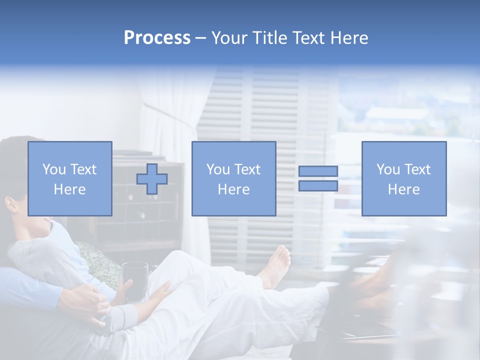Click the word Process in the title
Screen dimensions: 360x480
[x=157, y=38]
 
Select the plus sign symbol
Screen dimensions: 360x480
[x=152, y=179]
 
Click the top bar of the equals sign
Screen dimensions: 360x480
[x=318, y=171]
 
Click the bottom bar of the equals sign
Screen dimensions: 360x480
[x=318, y=186]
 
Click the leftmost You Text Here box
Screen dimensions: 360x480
[x=69, y=178]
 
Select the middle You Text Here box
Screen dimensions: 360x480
[x=233, y=178]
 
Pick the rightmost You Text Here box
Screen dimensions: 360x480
[x=403, y=178]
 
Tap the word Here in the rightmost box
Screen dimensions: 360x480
[x=403, y=189]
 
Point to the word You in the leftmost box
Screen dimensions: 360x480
[x=53, y=169]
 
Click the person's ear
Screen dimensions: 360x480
[x=10, y=204]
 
